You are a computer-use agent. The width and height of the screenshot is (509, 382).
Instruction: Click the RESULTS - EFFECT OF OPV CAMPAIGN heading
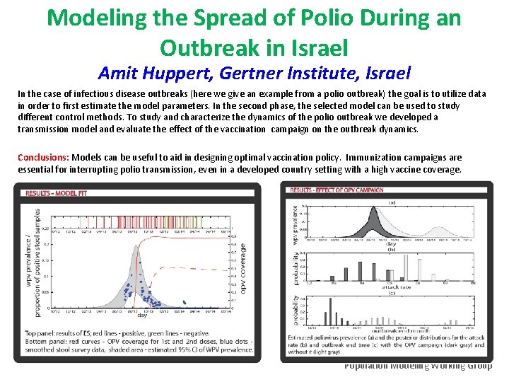337,190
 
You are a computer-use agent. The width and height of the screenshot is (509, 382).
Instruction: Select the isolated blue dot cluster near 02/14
185,302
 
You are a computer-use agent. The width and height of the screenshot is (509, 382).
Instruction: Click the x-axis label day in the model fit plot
142,316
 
